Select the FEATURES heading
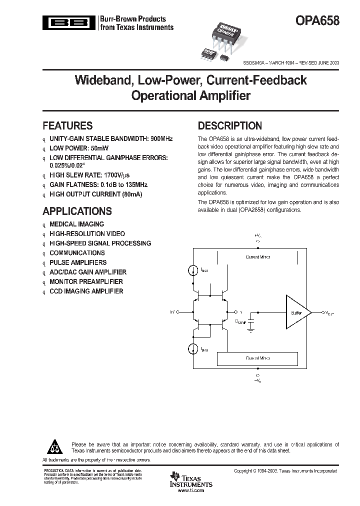[x=67, y=126]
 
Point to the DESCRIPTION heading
[x=229, y=126]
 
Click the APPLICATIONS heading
[x=77, y=211]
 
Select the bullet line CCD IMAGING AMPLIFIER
[x=86, y=291]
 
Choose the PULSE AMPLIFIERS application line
[x=78, y=262]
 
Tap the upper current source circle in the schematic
[x=193, y=270]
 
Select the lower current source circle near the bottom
[x=193, y=348]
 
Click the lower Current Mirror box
[x=257, y=358]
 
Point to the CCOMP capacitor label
[x=241, y=322]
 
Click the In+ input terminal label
[x=173, y=312]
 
